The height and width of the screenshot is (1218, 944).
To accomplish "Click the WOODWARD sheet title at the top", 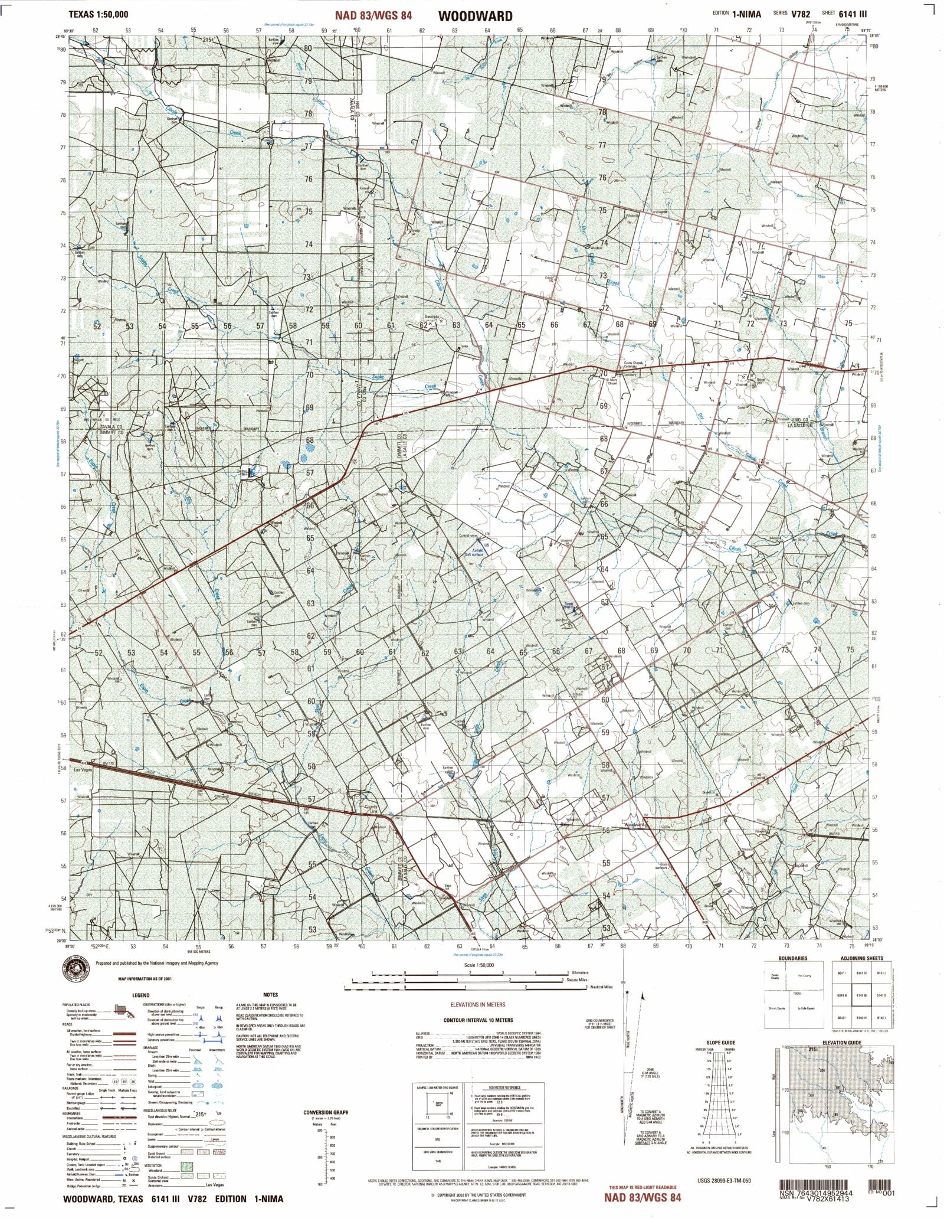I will (x=475, y=16).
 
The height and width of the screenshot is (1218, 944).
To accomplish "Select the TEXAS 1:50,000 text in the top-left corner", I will (x=98, y=14).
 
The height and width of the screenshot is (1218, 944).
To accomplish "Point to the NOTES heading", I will (x=270, y=995).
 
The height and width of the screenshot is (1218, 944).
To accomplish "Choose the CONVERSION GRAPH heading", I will (x=326, y=1112).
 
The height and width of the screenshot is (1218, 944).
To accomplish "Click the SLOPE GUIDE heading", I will (x=720, y=1043).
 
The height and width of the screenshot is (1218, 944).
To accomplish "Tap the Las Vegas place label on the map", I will (x=84, y=770).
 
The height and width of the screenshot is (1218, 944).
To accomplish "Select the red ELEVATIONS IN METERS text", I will (x=477, y=1004).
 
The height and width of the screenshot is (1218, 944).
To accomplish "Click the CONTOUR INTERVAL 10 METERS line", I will (x=478, y=1020).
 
